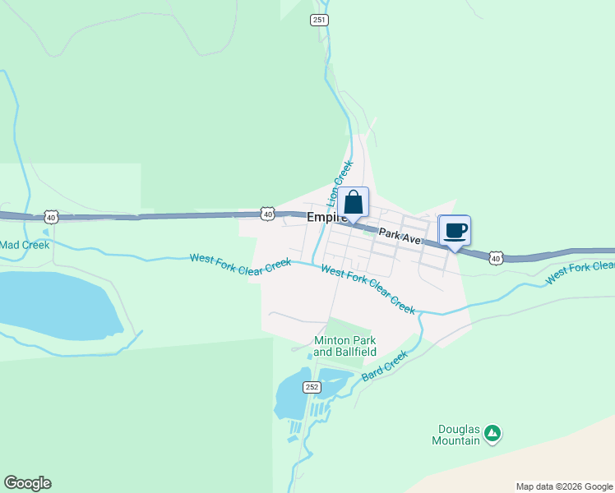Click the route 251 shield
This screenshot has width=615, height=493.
pyautogui.click(x=320, y=20)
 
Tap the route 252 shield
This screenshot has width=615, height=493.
pyautogui.click(x=312, y=387)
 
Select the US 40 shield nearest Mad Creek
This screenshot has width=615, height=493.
pyautogui.click(x=51, y=217)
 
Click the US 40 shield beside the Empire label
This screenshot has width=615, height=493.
pyautogui.click(x=267, y=213)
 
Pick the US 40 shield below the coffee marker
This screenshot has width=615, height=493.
pyautogui.click(x=494, y=258)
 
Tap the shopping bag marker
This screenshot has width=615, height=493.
pyautogui.click(x=353, y=203)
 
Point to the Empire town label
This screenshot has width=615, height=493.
pyautogui.click(x=325, y=219)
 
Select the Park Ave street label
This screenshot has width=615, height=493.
pyautogui.click(x=400, y=236)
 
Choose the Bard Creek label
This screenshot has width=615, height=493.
pyautogui.click(x=385, y=366)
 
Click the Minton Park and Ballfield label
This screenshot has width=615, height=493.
pyautogui.click(x=345, y=346)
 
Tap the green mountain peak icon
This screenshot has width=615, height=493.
pyautogui.click(x=492, y=432)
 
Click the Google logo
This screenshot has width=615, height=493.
pyautogui.click(x=27, y=483)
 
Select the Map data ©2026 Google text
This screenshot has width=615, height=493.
pyautogui.click(x=563, y=486)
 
